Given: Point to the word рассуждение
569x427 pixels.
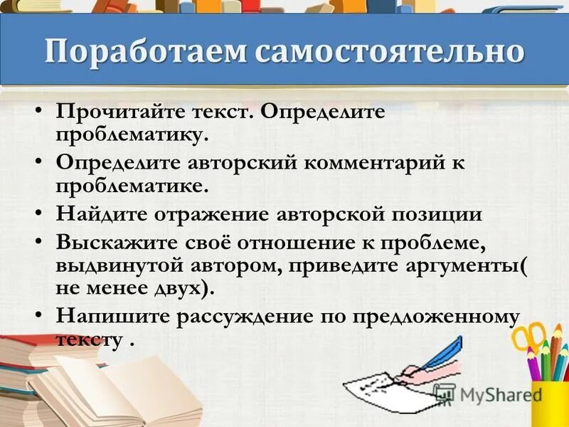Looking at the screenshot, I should click(x=250, y=316).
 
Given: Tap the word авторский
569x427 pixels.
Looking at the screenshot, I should click(x=236, y=163).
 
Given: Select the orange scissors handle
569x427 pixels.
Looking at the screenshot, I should click(x=529, y=337).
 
